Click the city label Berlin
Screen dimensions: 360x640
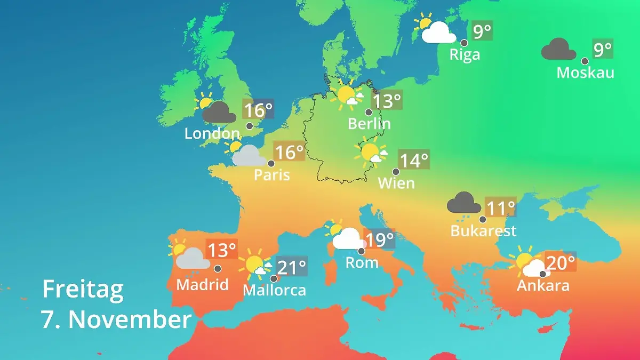(x=369, y=124)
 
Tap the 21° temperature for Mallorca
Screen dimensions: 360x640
(x=292, y=267)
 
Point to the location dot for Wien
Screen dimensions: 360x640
(x=396, y=172)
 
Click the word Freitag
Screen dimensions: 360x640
(x=83, y=289)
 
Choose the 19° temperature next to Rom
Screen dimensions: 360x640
(x=380, y=239)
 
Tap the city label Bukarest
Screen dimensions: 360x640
(x=483, y=230)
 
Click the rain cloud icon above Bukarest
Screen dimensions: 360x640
(x=464, y=203)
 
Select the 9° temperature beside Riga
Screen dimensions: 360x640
(x=482, y=31)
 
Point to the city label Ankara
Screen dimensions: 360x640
(x=543, y=285)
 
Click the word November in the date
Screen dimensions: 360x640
(x=130, y=319)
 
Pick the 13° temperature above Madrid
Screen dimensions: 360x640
(x=221, y=250)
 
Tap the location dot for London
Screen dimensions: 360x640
(x=250, y=126)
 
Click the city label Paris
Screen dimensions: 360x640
(x=271, y=175)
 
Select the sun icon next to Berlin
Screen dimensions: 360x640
(x=345, y=95)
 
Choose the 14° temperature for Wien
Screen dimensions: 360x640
(x=414, y=160)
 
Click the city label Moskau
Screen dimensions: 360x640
(x=585, y=73)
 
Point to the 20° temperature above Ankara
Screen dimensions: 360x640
(x=560, y=262)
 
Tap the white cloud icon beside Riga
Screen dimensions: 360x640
(x=438, y=33)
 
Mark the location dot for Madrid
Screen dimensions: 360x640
(x=218, y=269)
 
